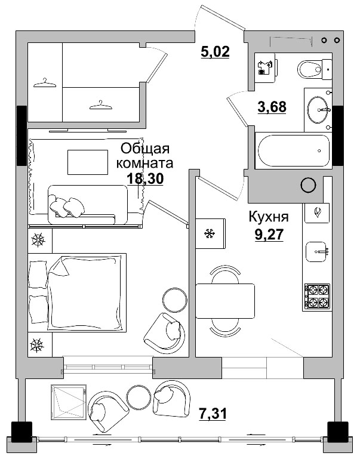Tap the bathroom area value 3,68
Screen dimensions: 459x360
(x=272, y=107)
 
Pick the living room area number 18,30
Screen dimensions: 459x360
(x=145, y=177)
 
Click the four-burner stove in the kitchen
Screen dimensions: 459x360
(x=316, y=295)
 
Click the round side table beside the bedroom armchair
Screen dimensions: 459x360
(x=174, y=299)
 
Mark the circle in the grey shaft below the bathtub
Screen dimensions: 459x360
(x=307, y=185)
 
